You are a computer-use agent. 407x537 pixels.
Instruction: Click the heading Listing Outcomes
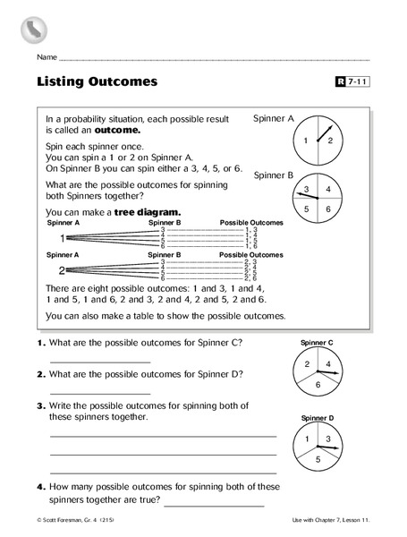click(x=98, y=81)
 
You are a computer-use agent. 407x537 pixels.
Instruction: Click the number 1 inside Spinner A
click(x=306, y=141)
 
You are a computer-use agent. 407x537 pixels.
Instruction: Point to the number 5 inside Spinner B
click(x=306, y=208)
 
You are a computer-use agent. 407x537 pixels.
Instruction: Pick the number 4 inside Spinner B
click(x=328, y=189)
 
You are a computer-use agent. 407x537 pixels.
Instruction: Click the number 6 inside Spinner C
click(x=318, y=384)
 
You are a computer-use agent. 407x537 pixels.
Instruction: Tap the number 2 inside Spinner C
click(x=307, y=364)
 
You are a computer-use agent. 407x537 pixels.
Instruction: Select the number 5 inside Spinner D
click(x=318, y=458)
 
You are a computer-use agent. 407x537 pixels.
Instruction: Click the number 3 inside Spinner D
click(x=329, y=439)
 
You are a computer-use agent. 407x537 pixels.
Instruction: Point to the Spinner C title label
click(x=318, y=342)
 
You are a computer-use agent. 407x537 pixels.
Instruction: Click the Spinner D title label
click(x=318, y=418)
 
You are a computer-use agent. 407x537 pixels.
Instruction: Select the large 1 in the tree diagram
click(x=62, y=239)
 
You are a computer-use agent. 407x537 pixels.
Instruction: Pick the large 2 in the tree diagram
click(x=62, y=270)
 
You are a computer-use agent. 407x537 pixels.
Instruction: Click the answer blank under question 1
click(x=100, y=361)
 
